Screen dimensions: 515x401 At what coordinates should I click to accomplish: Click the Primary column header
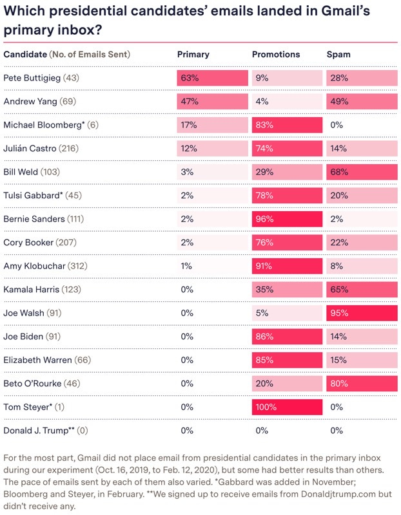pyautogui.click(x=193, y=55)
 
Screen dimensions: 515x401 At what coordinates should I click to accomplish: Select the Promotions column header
pyautogui.click(x=276, y=55)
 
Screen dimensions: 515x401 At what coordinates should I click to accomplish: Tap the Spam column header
pyautogui.click(x=338, y=55)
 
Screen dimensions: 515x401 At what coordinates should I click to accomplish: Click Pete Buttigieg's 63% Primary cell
pyautogui.click(x=212, y=78)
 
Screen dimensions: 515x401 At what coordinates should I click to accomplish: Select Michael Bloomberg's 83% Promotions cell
pyautogui.click(x=287, y=125)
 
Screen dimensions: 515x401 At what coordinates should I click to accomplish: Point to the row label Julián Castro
pyautogui.click(x=30, y=149)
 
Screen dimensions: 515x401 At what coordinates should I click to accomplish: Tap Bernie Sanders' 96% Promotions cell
pyautogui.click(x=287, y=219)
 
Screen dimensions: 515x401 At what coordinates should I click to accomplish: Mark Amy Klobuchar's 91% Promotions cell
pyautogui.click(x=287, y=266)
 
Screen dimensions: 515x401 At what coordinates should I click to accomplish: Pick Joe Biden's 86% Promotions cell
pyautogui.click(x=287, y=337)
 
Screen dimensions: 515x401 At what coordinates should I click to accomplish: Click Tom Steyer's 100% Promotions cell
pyautogui.click(x=287, y=407)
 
